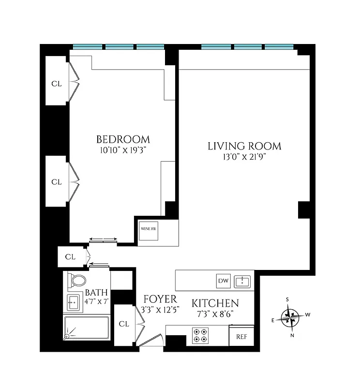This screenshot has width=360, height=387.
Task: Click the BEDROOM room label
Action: click(123, 139)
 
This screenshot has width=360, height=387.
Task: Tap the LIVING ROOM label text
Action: click(244, 146)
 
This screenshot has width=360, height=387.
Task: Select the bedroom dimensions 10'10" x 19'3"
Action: click(123, 150)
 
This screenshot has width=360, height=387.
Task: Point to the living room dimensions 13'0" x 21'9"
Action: click(244, 157)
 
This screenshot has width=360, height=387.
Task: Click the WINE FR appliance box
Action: click(148, 230)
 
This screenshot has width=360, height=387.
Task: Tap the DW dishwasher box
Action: click(223, 281)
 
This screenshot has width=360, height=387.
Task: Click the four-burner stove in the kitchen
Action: click(200, 335)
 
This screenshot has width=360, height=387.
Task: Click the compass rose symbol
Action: click(292, 317)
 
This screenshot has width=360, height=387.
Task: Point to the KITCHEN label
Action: click(215, 303)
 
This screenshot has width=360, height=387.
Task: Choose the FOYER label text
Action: click(160, 299)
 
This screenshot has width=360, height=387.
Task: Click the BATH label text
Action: click(96, 293)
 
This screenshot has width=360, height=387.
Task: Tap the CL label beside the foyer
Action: click(124, 324)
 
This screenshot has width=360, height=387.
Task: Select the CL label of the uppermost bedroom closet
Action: click(57, 83)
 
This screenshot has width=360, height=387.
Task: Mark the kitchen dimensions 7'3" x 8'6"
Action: click(215, 313)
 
